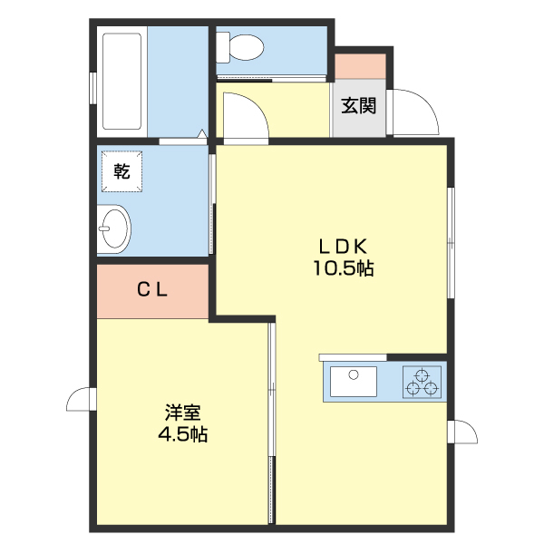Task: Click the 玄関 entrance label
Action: [x=359, y=105]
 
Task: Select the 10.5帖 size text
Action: [x=344, y=268]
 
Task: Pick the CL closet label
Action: [x=151, y=290]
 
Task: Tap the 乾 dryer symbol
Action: [x=121, y=170]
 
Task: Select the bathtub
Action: [x=121, y=81]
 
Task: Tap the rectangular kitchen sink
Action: [x=354, y=382]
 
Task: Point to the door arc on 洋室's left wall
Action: [x=80, y=399]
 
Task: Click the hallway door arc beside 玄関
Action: [x=243, y=118]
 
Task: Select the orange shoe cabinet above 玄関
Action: [x=361, y=66]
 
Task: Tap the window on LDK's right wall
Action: [x=451, y=241]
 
